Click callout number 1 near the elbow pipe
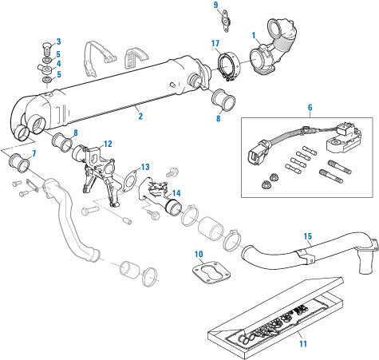point(254,36)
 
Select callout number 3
point(58,41)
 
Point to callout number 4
point(58,63)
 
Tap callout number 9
point(215,6)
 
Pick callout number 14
point(176,193)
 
